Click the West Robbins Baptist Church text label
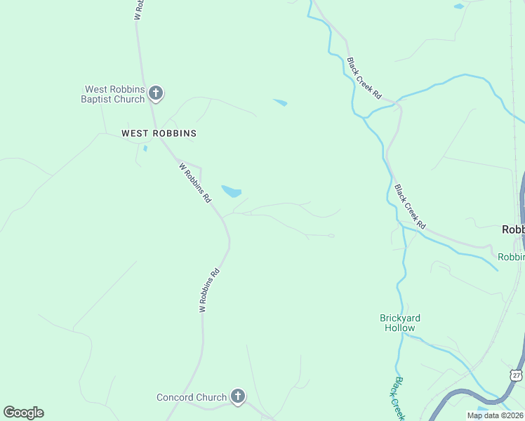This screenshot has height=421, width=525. pos(114,94)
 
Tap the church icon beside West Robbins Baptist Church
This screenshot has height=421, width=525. pos(156,93)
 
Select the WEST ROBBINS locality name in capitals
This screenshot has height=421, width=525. pos(159,133)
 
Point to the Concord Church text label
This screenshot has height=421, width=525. pos(192,397)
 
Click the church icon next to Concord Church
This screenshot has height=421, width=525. pos(238,397)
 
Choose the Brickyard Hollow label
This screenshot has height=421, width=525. pos(399,323)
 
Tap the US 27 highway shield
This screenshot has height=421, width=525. pos(517,377)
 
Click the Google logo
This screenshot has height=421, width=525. pos(23,413)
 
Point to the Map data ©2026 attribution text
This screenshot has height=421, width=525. pos(495,415)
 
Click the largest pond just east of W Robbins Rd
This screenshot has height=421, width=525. pos(232,191)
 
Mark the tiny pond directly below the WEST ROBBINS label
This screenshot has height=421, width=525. pos(145,148)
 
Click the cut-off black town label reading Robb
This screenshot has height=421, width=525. pos(513,229)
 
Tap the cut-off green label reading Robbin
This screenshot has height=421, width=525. pos(511,257)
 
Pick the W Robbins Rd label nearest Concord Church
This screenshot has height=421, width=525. pos(209,290)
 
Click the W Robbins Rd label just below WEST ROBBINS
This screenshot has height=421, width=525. pos(194,182)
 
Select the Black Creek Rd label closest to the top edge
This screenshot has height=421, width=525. pos(364,78)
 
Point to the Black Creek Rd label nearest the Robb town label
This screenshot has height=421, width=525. pos(410,206)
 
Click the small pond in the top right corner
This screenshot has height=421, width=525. pos(459,6)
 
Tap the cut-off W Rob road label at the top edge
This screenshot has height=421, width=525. pos(139,9)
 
